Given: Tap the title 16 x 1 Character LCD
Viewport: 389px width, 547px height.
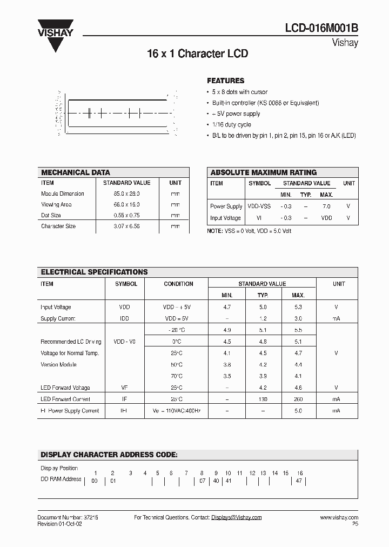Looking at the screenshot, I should tap(198, 54).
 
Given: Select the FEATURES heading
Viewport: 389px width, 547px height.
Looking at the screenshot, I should tap(226, 81).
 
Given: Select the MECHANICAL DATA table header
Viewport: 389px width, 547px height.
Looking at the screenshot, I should tap(76, 172).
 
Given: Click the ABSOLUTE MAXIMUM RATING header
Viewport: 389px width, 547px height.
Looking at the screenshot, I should tap(263, 172).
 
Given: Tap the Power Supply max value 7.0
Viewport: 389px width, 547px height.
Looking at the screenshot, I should tap(326, 206).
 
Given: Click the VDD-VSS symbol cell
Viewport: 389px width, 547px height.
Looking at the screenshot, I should tap(259, 206).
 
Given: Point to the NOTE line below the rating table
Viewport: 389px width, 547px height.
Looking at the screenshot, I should tap(249, 231).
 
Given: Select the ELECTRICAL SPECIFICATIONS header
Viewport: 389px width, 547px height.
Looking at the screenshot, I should tap(95, 272).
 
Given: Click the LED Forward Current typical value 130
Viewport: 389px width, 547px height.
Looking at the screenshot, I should tap(263, 399).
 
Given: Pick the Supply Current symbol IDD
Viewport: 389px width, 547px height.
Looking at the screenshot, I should tap(125, 318).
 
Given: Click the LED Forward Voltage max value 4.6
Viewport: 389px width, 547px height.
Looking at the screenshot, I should tap(298, 388).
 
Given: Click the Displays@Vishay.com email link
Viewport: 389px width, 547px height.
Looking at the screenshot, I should tap(237, 517).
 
